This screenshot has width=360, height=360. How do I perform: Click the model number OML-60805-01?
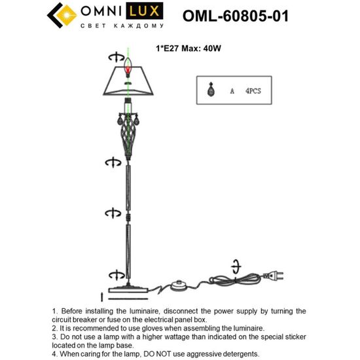235,15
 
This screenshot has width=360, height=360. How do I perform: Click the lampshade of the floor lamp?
129,83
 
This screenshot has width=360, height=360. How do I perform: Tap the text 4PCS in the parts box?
253,92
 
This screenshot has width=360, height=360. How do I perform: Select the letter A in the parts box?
232,92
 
